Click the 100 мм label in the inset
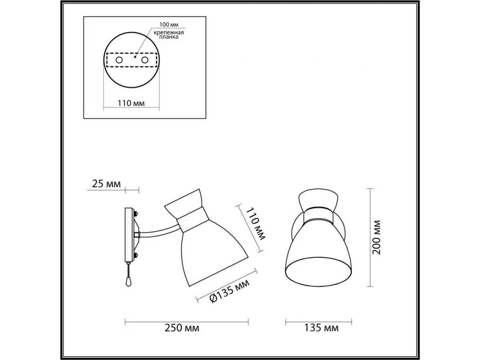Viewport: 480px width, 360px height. point(169,25)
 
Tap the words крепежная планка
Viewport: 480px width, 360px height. point(169,35)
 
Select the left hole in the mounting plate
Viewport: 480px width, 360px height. point(119,60)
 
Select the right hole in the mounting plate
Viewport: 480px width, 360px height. point(145,60)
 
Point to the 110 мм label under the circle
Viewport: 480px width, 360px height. point(131,103)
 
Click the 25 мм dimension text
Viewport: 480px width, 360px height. point(106,184)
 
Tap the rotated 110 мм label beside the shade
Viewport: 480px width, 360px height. point(256,223)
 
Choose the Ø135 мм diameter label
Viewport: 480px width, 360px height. point(229,291)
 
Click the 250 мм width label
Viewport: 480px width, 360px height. point(182,334)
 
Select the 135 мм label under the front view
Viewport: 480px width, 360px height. point(322,334)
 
